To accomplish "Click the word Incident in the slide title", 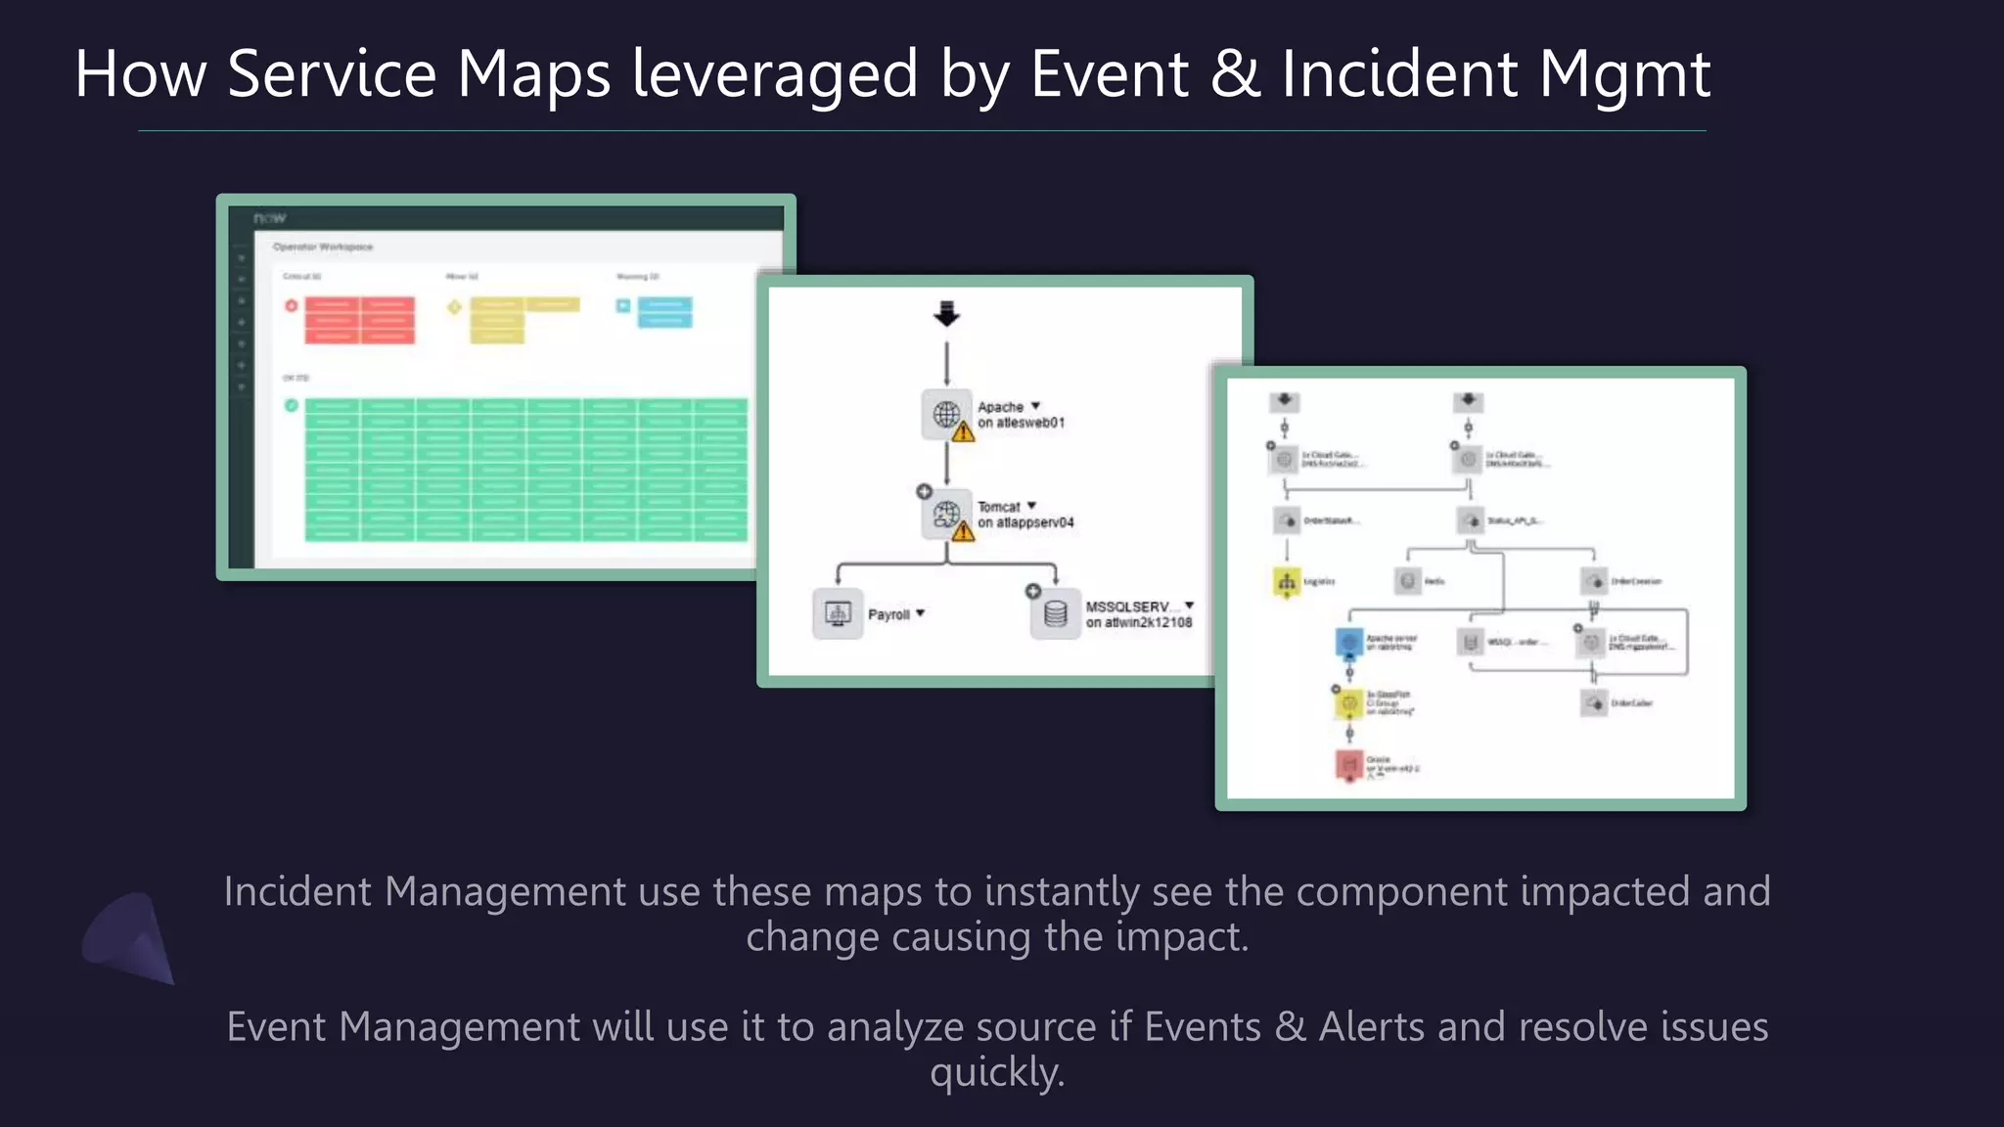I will pos(1398,74).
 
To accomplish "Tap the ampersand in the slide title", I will pos(1235,74).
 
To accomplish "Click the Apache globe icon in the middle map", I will pos(945,414).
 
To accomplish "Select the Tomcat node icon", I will pos(945,514).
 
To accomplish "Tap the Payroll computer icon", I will pos(838,614).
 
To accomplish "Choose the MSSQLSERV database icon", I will pos(1055,614).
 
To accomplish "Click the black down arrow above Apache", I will pos(946,314).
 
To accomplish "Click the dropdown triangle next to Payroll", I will pos(920,613).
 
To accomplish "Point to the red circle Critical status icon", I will pos(292,306).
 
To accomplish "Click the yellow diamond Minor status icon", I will pos(454,307).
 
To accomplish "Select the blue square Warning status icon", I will pos(623,306).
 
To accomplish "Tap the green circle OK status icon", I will pos(292,405).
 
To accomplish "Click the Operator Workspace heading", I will pos(323,247).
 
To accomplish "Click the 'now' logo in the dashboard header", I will pos(269,217).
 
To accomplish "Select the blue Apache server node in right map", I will pos(1349,642).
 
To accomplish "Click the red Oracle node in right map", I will pos(1349,763).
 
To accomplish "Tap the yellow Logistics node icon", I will pos(1286,581).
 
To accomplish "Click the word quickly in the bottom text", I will pos(996,1072).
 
